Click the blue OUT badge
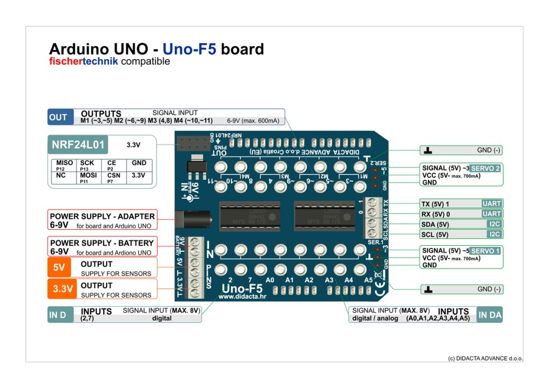(x=58, y=118)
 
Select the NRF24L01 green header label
(x=78, y=144)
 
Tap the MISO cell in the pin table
(x=64, y=163)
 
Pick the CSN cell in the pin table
(x=113, y=175)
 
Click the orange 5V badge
(x=60, y=267)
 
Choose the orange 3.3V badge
(x=63, y=289)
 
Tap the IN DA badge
(x=489, y=315)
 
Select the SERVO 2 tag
(x=486, y=168)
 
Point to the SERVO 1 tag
(x=486, y=251)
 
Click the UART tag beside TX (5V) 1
(x=491, y=204)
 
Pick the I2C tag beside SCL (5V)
(x=494, y=235)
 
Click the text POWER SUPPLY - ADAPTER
(x=102, y=216)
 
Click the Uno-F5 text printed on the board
(x=242, y=288)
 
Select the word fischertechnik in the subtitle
(x=83, y=62)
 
